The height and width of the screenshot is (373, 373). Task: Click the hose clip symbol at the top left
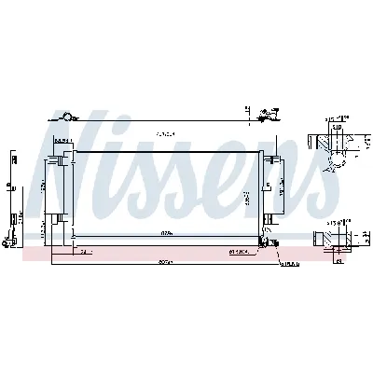(66, 116)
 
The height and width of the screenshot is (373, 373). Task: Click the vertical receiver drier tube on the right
(268, 196)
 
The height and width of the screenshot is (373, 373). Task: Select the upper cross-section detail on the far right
(337, 141)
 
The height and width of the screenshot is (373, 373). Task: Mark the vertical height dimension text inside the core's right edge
(244, 198)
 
